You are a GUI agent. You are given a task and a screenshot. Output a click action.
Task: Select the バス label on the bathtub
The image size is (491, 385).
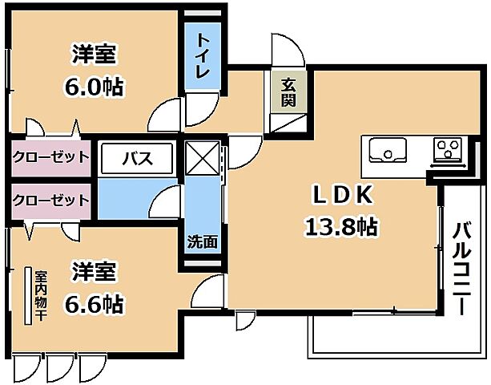(136, 157)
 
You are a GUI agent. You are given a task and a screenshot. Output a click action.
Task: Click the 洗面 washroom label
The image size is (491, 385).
(202, 240)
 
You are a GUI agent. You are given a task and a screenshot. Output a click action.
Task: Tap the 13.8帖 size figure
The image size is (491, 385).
(340, 227)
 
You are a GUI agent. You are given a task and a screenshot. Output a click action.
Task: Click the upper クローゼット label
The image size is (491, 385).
(50, 156)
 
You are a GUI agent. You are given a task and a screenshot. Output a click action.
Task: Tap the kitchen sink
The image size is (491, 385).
(387, 149)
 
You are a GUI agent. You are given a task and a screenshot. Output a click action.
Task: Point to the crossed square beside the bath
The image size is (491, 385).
(202, 158)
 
